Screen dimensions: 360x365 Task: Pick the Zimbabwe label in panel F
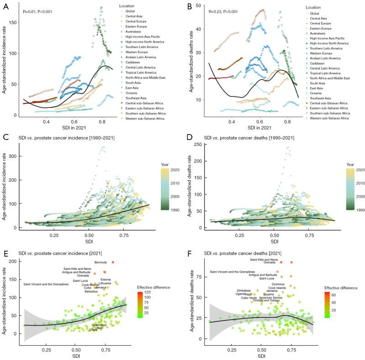tap(243, 290)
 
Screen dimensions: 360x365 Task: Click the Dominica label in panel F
tap(278, 284)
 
